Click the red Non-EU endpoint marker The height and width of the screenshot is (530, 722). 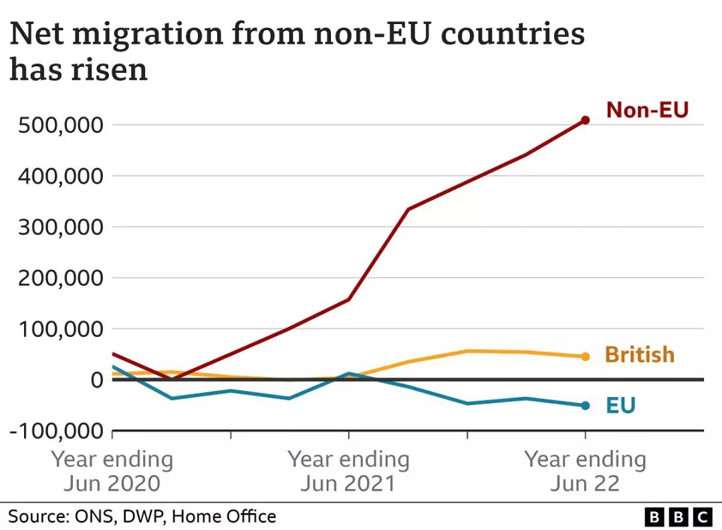[585, 120]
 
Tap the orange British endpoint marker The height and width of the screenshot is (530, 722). [585, 357]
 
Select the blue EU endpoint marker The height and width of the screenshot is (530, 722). [585, 406]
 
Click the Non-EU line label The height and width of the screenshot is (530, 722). [646, 110]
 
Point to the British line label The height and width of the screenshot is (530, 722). [639, 354]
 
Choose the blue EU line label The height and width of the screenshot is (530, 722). [620, 405]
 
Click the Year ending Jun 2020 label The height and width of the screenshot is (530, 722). [112, 471]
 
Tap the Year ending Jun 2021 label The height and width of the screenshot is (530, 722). [348, 471]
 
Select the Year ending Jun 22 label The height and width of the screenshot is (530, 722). [585, 471]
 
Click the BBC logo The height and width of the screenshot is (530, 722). [679, 517]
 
